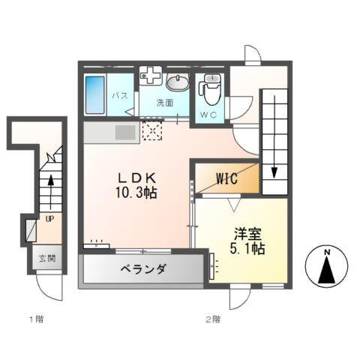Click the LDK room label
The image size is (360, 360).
[x=136, y=178]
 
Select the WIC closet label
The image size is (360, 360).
[x=228, y=179]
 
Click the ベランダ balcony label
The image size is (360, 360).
[x=141, y=269]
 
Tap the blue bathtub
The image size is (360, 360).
[x=95, y=95]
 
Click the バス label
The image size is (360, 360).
[x=120, y=96]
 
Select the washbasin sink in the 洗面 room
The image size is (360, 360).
[x=178, y=82]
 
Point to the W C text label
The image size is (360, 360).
[x=208, y=115]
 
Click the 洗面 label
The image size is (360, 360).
[x=165, y=103]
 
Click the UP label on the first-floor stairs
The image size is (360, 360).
[x=49, y=220]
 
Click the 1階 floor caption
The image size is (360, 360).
[x=36, y=319]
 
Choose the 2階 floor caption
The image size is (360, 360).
[x=212, y=319]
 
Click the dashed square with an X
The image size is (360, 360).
[x=152, y=132]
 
